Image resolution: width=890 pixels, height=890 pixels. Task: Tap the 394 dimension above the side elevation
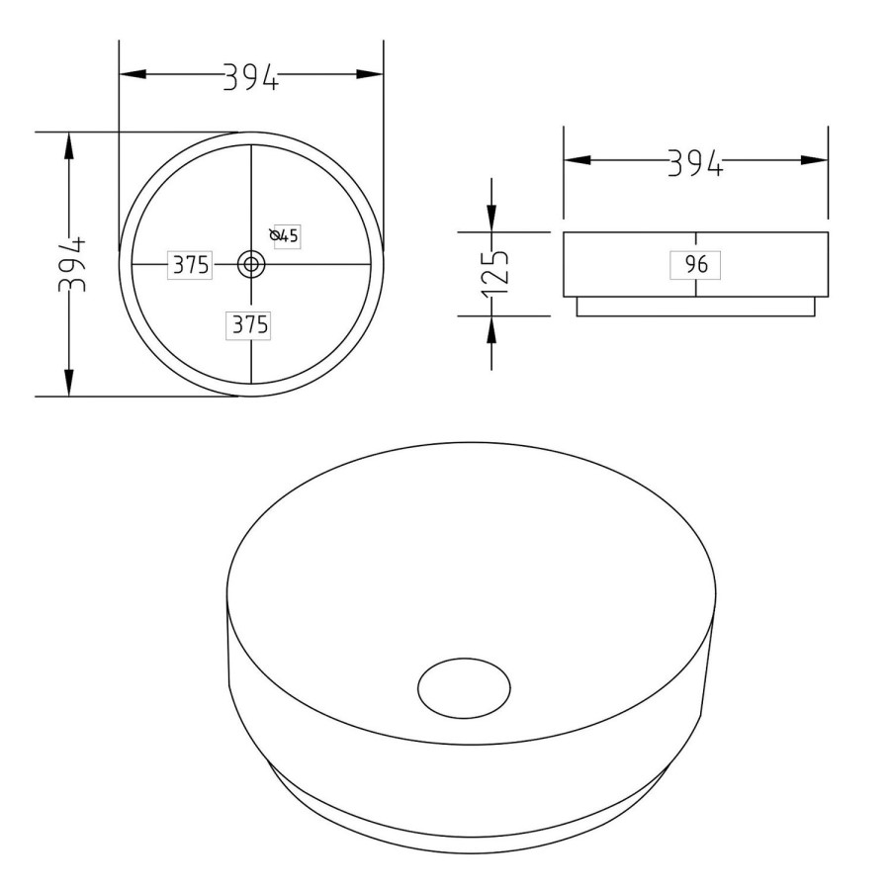click(x=695, y=162)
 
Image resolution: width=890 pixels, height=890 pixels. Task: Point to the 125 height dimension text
click(x=494, y=274)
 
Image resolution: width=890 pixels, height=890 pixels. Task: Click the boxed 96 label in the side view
click(x=695, y=265)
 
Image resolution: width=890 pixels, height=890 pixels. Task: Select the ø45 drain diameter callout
click(x=285, y=235)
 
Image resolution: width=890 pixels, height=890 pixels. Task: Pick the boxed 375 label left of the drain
click(x=190, y=265)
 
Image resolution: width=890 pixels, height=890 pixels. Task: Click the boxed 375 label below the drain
click(x=250, y=324)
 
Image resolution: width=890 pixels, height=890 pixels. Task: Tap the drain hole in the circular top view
click(x=251, y=264)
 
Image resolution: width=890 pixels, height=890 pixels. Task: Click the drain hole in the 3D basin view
click(x=464, y=686)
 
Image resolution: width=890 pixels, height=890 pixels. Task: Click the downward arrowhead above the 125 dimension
click(x=491, y=220)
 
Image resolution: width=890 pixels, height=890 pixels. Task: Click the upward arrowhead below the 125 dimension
click(x=491, y=328)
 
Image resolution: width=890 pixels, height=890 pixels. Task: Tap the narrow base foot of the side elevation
click(x=695, y=307)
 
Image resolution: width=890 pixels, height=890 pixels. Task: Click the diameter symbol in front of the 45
click(x=275, y=234)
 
